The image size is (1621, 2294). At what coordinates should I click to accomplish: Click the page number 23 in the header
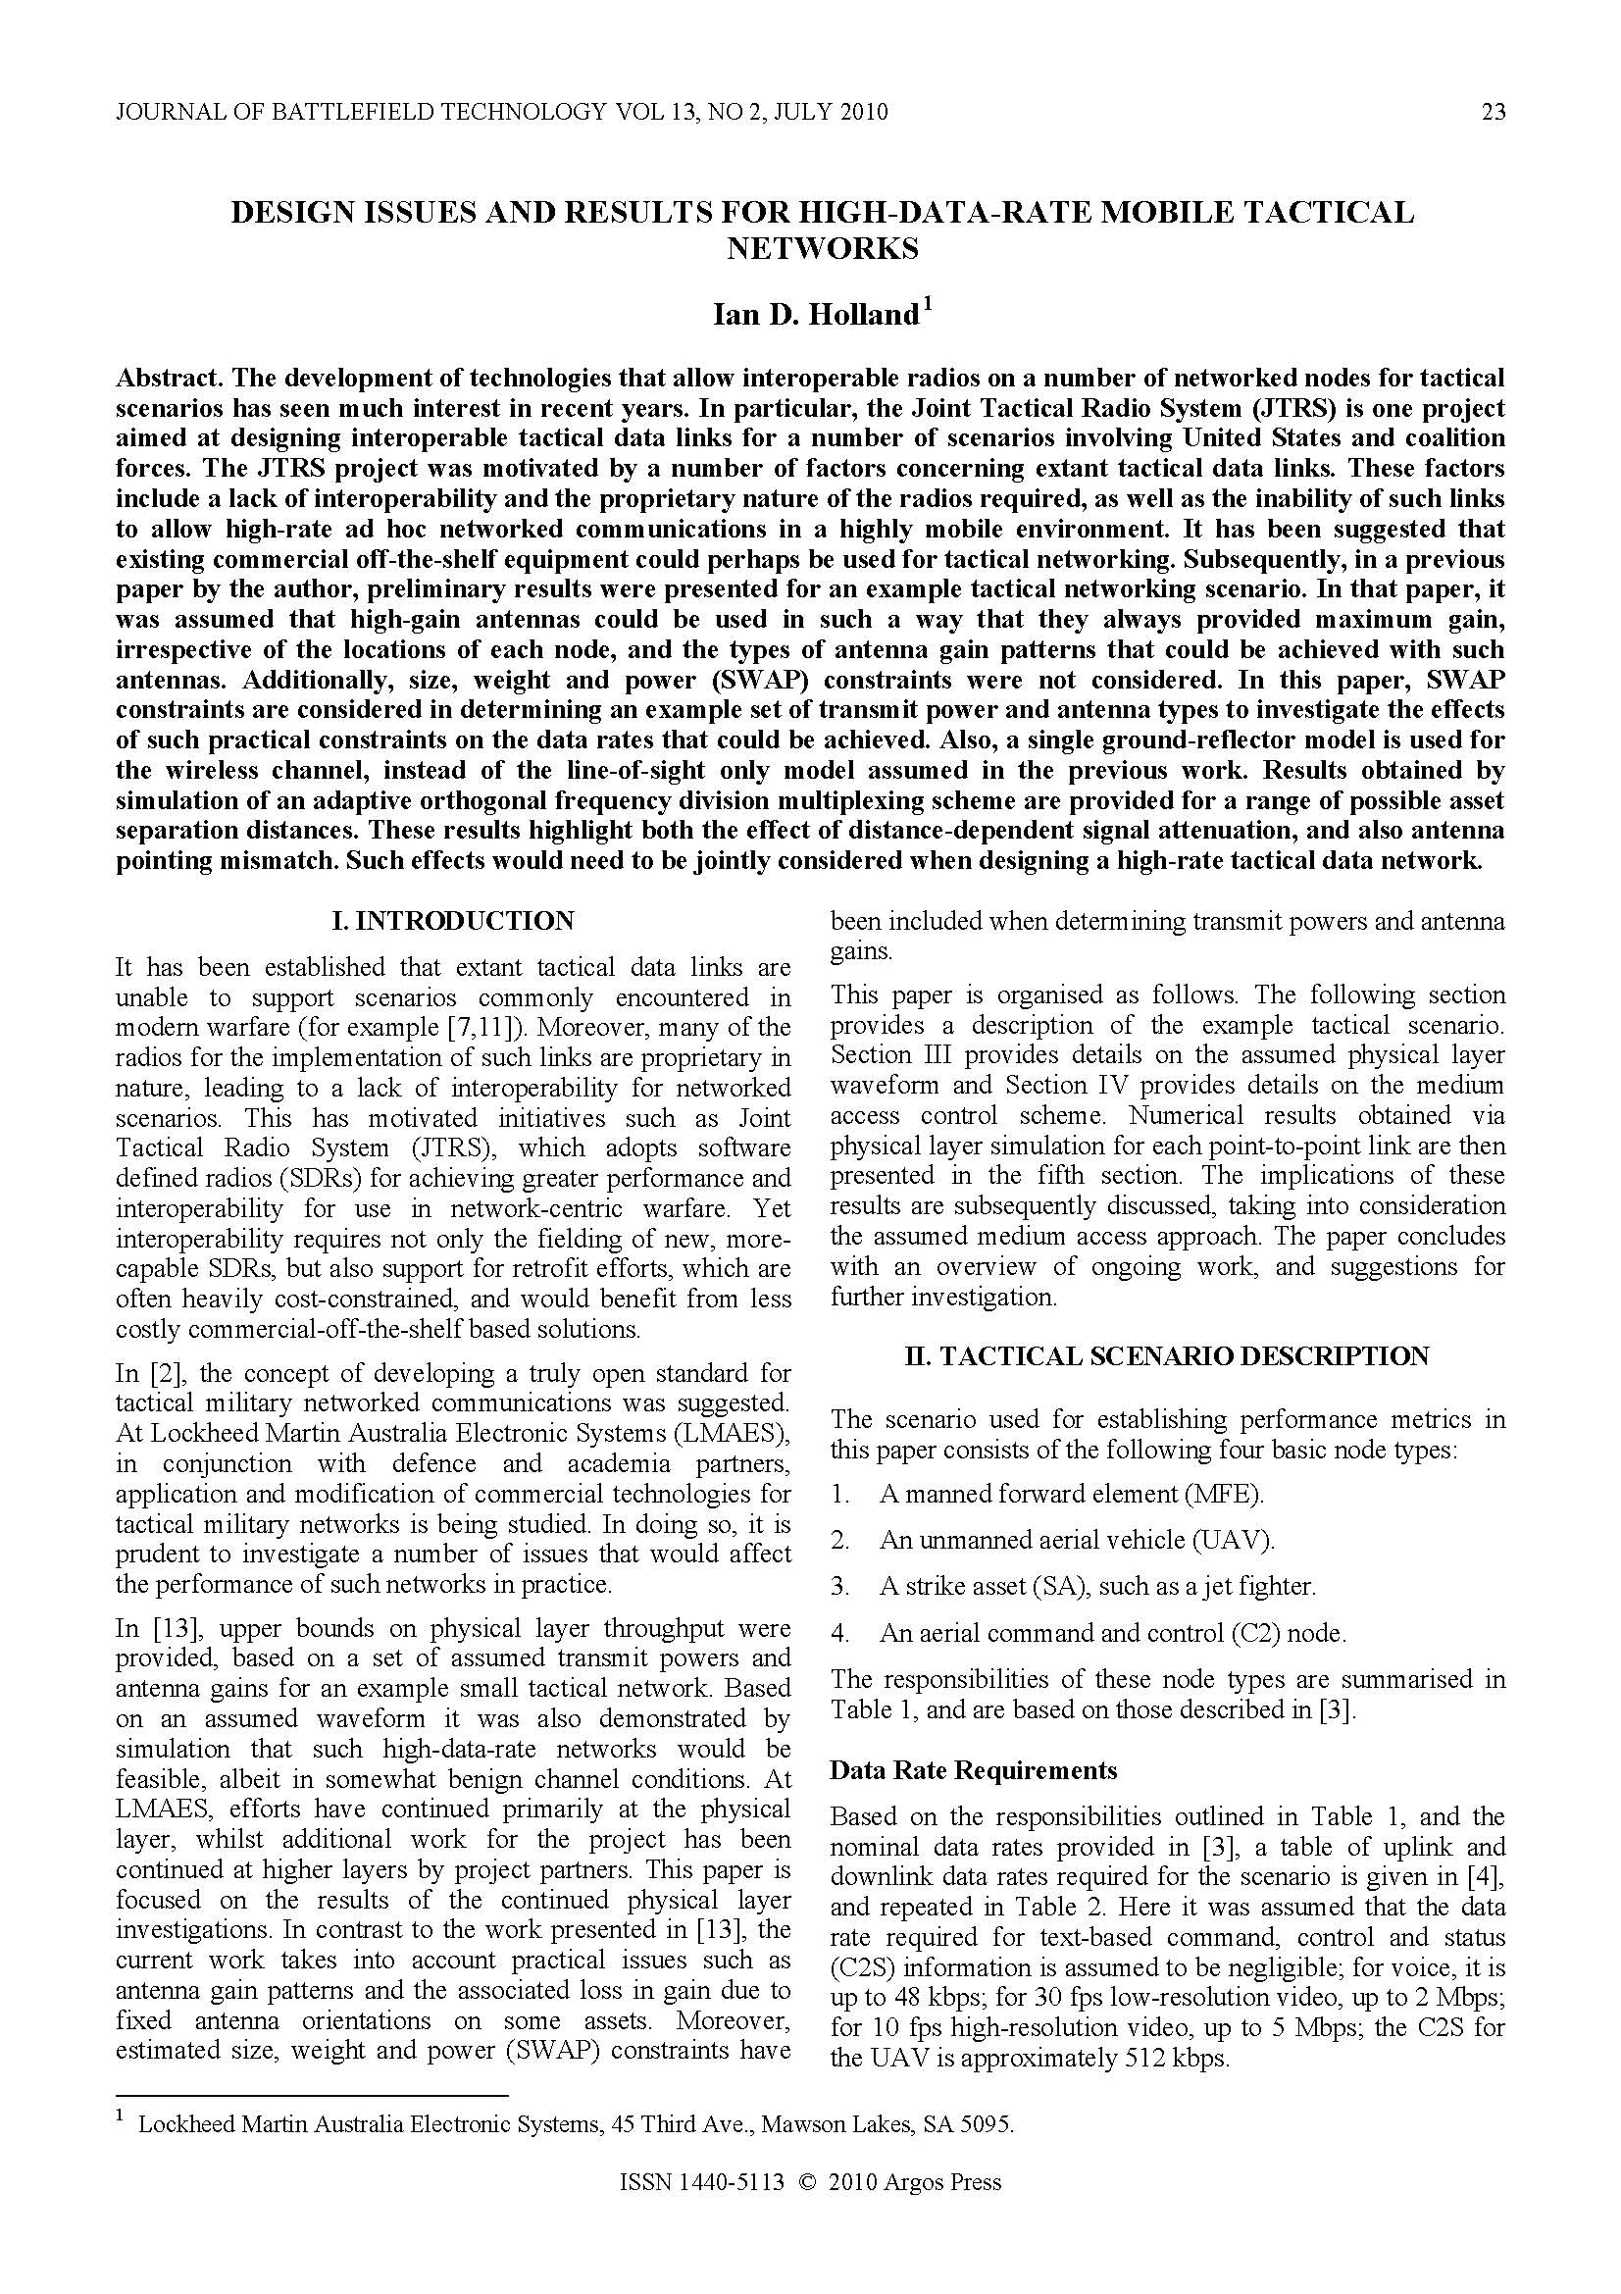1493,112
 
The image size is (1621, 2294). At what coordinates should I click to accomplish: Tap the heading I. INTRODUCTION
453,920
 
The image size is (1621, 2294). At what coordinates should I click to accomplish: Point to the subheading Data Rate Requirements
973,1769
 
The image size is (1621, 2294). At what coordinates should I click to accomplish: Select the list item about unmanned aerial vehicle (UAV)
1076,1540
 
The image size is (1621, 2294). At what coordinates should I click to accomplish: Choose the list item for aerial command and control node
1112,1633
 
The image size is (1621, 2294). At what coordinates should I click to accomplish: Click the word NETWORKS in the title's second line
822,248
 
